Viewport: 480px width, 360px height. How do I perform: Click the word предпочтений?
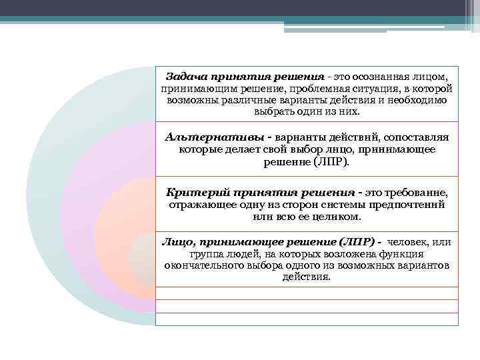[x=413, y=205]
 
